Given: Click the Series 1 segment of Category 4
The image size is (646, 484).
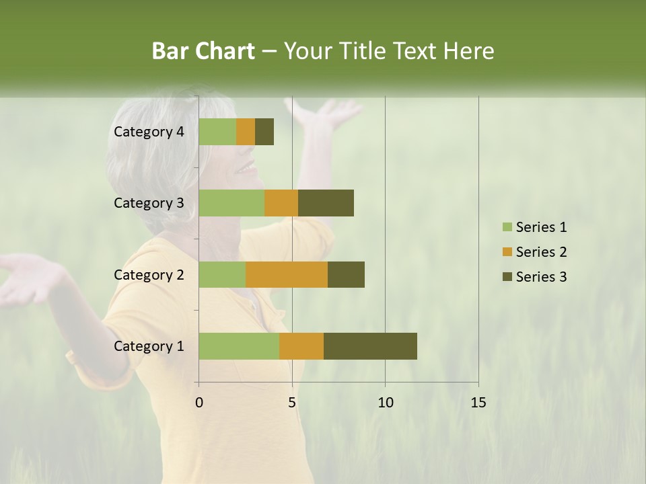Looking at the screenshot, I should [x=217, y=132].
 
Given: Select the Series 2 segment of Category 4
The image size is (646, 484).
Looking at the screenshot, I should [x=246, y=132].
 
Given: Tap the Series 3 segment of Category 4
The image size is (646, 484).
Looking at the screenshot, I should [x=264, y=132].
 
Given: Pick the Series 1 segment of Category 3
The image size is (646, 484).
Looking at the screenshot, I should [x=231, y=203].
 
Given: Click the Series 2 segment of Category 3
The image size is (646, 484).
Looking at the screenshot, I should [x=281, y=203].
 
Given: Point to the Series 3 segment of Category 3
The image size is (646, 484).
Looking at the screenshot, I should [x=326, y=203].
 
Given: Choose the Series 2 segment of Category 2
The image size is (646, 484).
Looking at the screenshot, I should [x=287, y=274].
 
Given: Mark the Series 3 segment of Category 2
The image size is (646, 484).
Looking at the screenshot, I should [x=346, y=274].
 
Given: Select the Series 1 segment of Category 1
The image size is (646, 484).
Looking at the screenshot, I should [x=239, y=346].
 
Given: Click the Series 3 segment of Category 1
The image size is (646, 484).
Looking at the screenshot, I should [x=370, y=346].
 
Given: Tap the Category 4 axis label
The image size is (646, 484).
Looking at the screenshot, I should [x=149, y=132].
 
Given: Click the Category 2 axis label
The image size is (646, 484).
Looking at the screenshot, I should [x=149, y=274].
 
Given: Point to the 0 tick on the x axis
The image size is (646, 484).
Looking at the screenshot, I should [x=199, y=403].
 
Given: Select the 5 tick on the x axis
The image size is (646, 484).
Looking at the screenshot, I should [x=292, y=403].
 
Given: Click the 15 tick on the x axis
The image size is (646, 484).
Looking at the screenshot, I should [x=478, y=403].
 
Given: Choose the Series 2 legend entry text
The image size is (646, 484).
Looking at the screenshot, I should [x=541, y=252].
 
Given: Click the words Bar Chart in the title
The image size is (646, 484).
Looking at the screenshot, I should [x=203, y=51].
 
